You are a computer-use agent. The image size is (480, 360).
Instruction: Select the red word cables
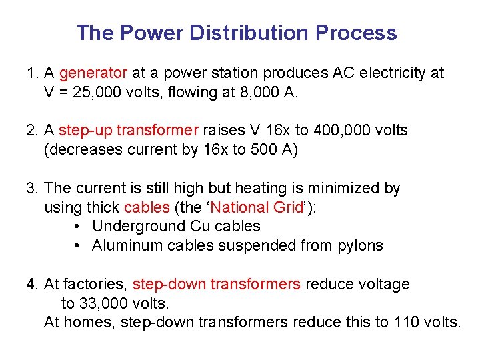click(x=147, y=207)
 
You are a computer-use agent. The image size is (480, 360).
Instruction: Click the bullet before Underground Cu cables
click(x=78, y=227)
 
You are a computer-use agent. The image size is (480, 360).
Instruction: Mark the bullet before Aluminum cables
click(x=78, y=246)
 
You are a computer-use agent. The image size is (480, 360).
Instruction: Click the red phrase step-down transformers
click(x=217, y=285)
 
